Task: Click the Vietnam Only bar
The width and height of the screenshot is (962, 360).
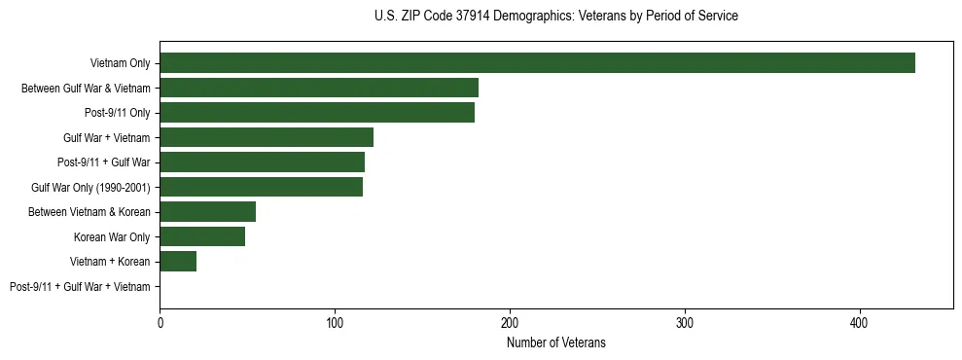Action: (x=537, y=63)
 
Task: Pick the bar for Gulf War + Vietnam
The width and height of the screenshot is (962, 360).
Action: (x=267, y=137)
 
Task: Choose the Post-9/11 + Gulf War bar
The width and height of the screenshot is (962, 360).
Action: (x=262, y=162)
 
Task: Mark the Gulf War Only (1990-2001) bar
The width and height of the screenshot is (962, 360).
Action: (x=261, y=187)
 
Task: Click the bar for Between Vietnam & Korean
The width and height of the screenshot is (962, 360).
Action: (x=207, y=212)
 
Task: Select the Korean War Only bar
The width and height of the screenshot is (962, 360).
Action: (x=202, y=236)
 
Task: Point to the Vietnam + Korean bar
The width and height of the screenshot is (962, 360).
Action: (x=178, y=262)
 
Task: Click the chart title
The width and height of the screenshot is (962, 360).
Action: (x=555, y=17)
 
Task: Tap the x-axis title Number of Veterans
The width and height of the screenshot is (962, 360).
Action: (x=555, y=342)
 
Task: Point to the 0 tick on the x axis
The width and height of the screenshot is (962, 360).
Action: (x=160, y=322)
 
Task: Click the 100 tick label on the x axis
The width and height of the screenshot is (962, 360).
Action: (x=335, y=322)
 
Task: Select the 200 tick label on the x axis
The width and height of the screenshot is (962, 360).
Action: (x=510, y=322)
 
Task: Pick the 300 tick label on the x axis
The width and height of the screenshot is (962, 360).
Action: (x=685, y=322)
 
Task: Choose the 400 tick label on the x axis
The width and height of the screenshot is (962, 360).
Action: (x=860, y=322)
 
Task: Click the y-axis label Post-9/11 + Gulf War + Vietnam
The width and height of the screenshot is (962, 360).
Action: (x=80, y=287)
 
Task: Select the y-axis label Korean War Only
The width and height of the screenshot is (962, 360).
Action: (x=112, y=237)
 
